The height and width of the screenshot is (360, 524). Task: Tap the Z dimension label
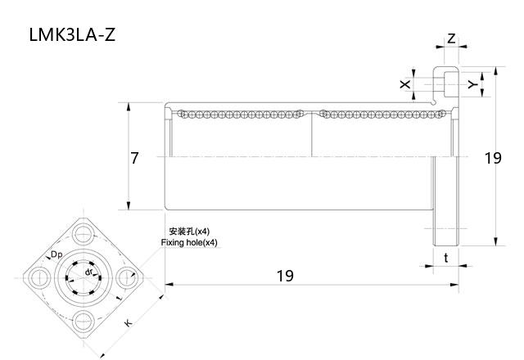click(451, 39)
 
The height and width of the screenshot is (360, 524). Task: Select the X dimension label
click(404, 84)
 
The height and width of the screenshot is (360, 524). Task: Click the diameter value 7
click(135, 158)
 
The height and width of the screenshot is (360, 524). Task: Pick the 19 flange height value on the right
click(492, 158)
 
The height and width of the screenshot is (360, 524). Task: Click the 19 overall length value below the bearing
click(284, 276)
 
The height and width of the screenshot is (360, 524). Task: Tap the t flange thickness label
click(445, 258)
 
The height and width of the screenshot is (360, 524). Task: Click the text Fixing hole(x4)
click(189, 243)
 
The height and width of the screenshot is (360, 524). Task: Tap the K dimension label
click(128, 323)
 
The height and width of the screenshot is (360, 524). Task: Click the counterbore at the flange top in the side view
click(447, 83)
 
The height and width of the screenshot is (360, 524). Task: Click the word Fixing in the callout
click(174, 243)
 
